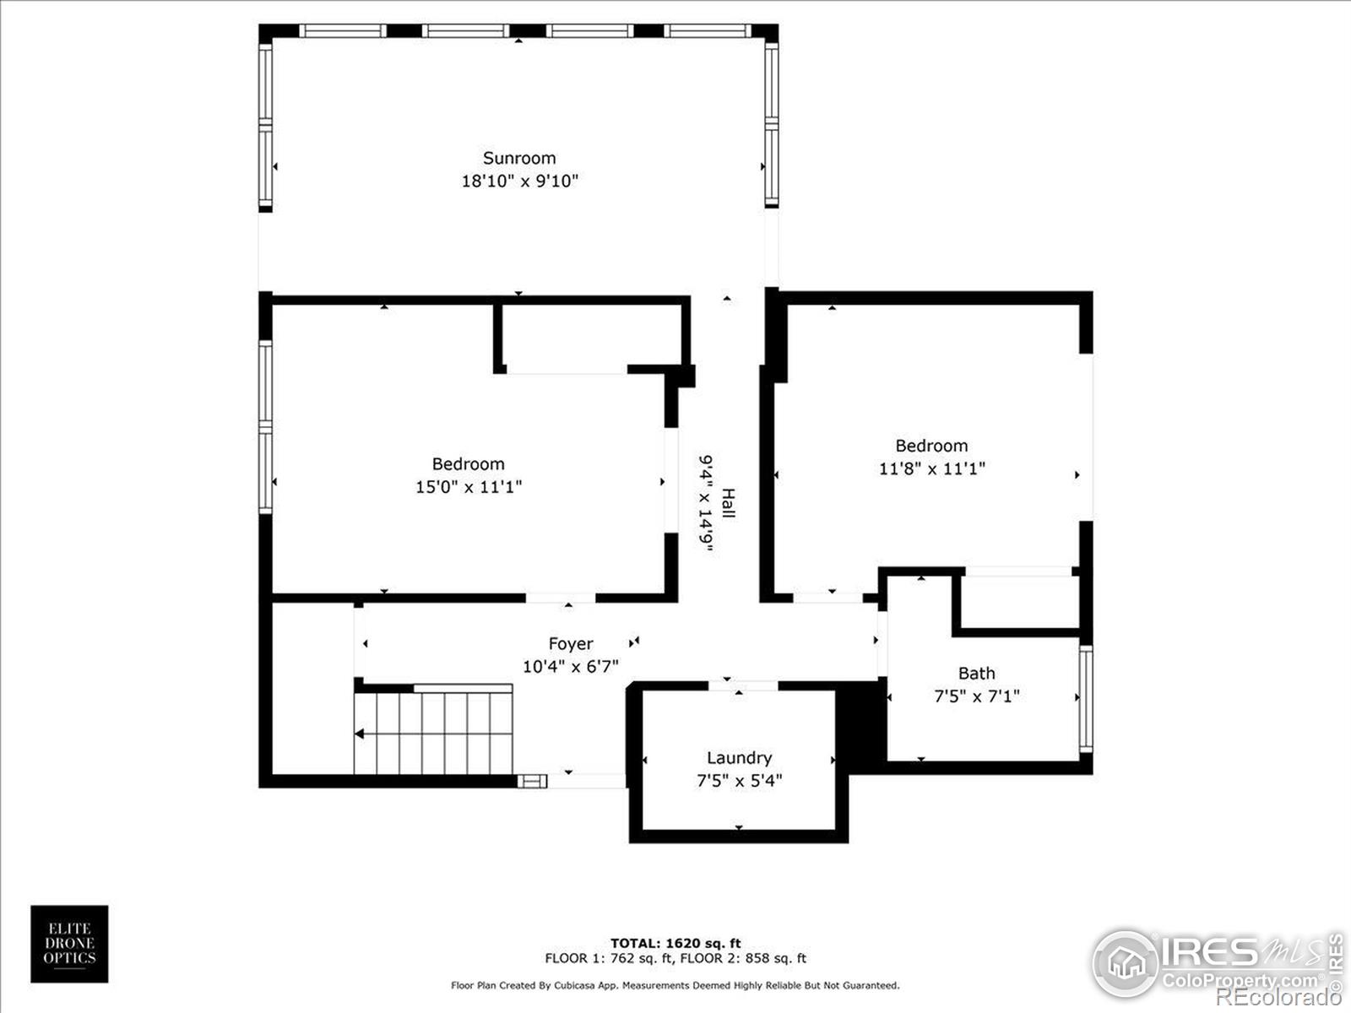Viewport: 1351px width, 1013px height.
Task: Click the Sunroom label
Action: click(519, 158)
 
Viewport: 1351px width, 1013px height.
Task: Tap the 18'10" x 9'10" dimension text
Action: click(519, 181)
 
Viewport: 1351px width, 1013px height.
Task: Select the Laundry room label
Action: click(739, 758)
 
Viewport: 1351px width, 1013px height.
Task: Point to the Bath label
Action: click(976, 674)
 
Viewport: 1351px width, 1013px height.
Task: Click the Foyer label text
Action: click(570, 644)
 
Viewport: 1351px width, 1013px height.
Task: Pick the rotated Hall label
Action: click(728, 504)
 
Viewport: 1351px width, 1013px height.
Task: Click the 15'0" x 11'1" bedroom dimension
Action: click(469, 487)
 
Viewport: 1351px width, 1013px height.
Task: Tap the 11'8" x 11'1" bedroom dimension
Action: click(931, 469)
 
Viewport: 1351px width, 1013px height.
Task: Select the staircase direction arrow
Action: click(360, 734)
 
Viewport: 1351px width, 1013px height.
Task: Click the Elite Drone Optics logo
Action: click(69, 944)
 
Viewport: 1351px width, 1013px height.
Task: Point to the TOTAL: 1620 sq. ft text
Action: click(675, 943)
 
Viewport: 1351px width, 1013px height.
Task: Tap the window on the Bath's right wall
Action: click(1086, 699)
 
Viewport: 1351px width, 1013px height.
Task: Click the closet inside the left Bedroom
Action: click(591, 336)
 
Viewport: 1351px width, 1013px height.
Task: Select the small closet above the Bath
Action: click(1020, 601)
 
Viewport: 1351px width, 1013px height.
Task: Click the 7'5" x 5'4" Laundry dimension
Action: click(739, 781)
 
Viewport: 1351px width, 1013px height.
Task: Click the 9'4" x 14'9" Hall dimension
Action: click(706, 504)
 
